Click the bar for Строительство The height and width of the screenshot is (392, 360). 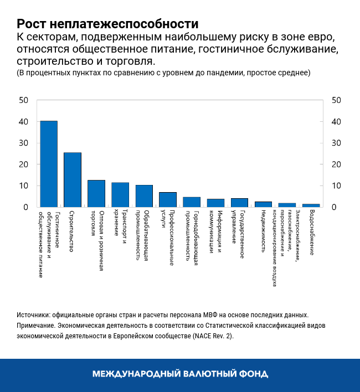coord(73,179)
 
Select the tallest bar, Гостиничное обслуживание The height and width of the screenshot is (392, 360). coord(49,164)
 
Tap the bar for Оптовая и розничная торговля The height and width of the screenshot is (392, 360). coord(96,193)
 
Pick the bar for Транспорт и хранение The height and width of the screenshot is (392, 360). coord(120,194)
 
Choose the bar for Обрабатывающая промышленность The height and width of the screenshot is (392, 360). coord(144,196)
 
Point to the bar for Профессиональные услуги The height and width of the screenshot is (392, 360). coord(168,199)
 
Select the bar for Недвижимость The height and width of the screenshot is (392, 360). coord(263,204)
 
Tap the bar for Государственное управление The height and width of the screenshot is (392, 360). coord(239,203)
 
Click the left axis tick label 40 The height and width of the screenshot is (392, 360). coord(23,122)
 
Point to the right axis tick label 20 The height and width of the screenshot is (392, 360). coord(336,164)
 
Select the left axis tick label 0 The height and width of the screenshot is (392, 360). coord(25,207)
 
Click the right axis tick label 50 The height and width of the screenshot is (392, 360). coord(336,100)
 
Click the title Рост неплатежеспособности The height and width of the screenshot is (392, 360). coord(107,24)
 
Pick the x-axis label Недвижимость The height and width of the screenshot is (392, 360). coord(264,233)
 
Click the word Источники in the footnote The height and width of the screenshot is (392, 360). coord(34,314)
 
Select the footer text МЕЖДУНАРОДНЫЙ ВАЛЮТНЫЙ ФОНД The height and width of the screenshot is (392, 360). coord(180,374)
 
